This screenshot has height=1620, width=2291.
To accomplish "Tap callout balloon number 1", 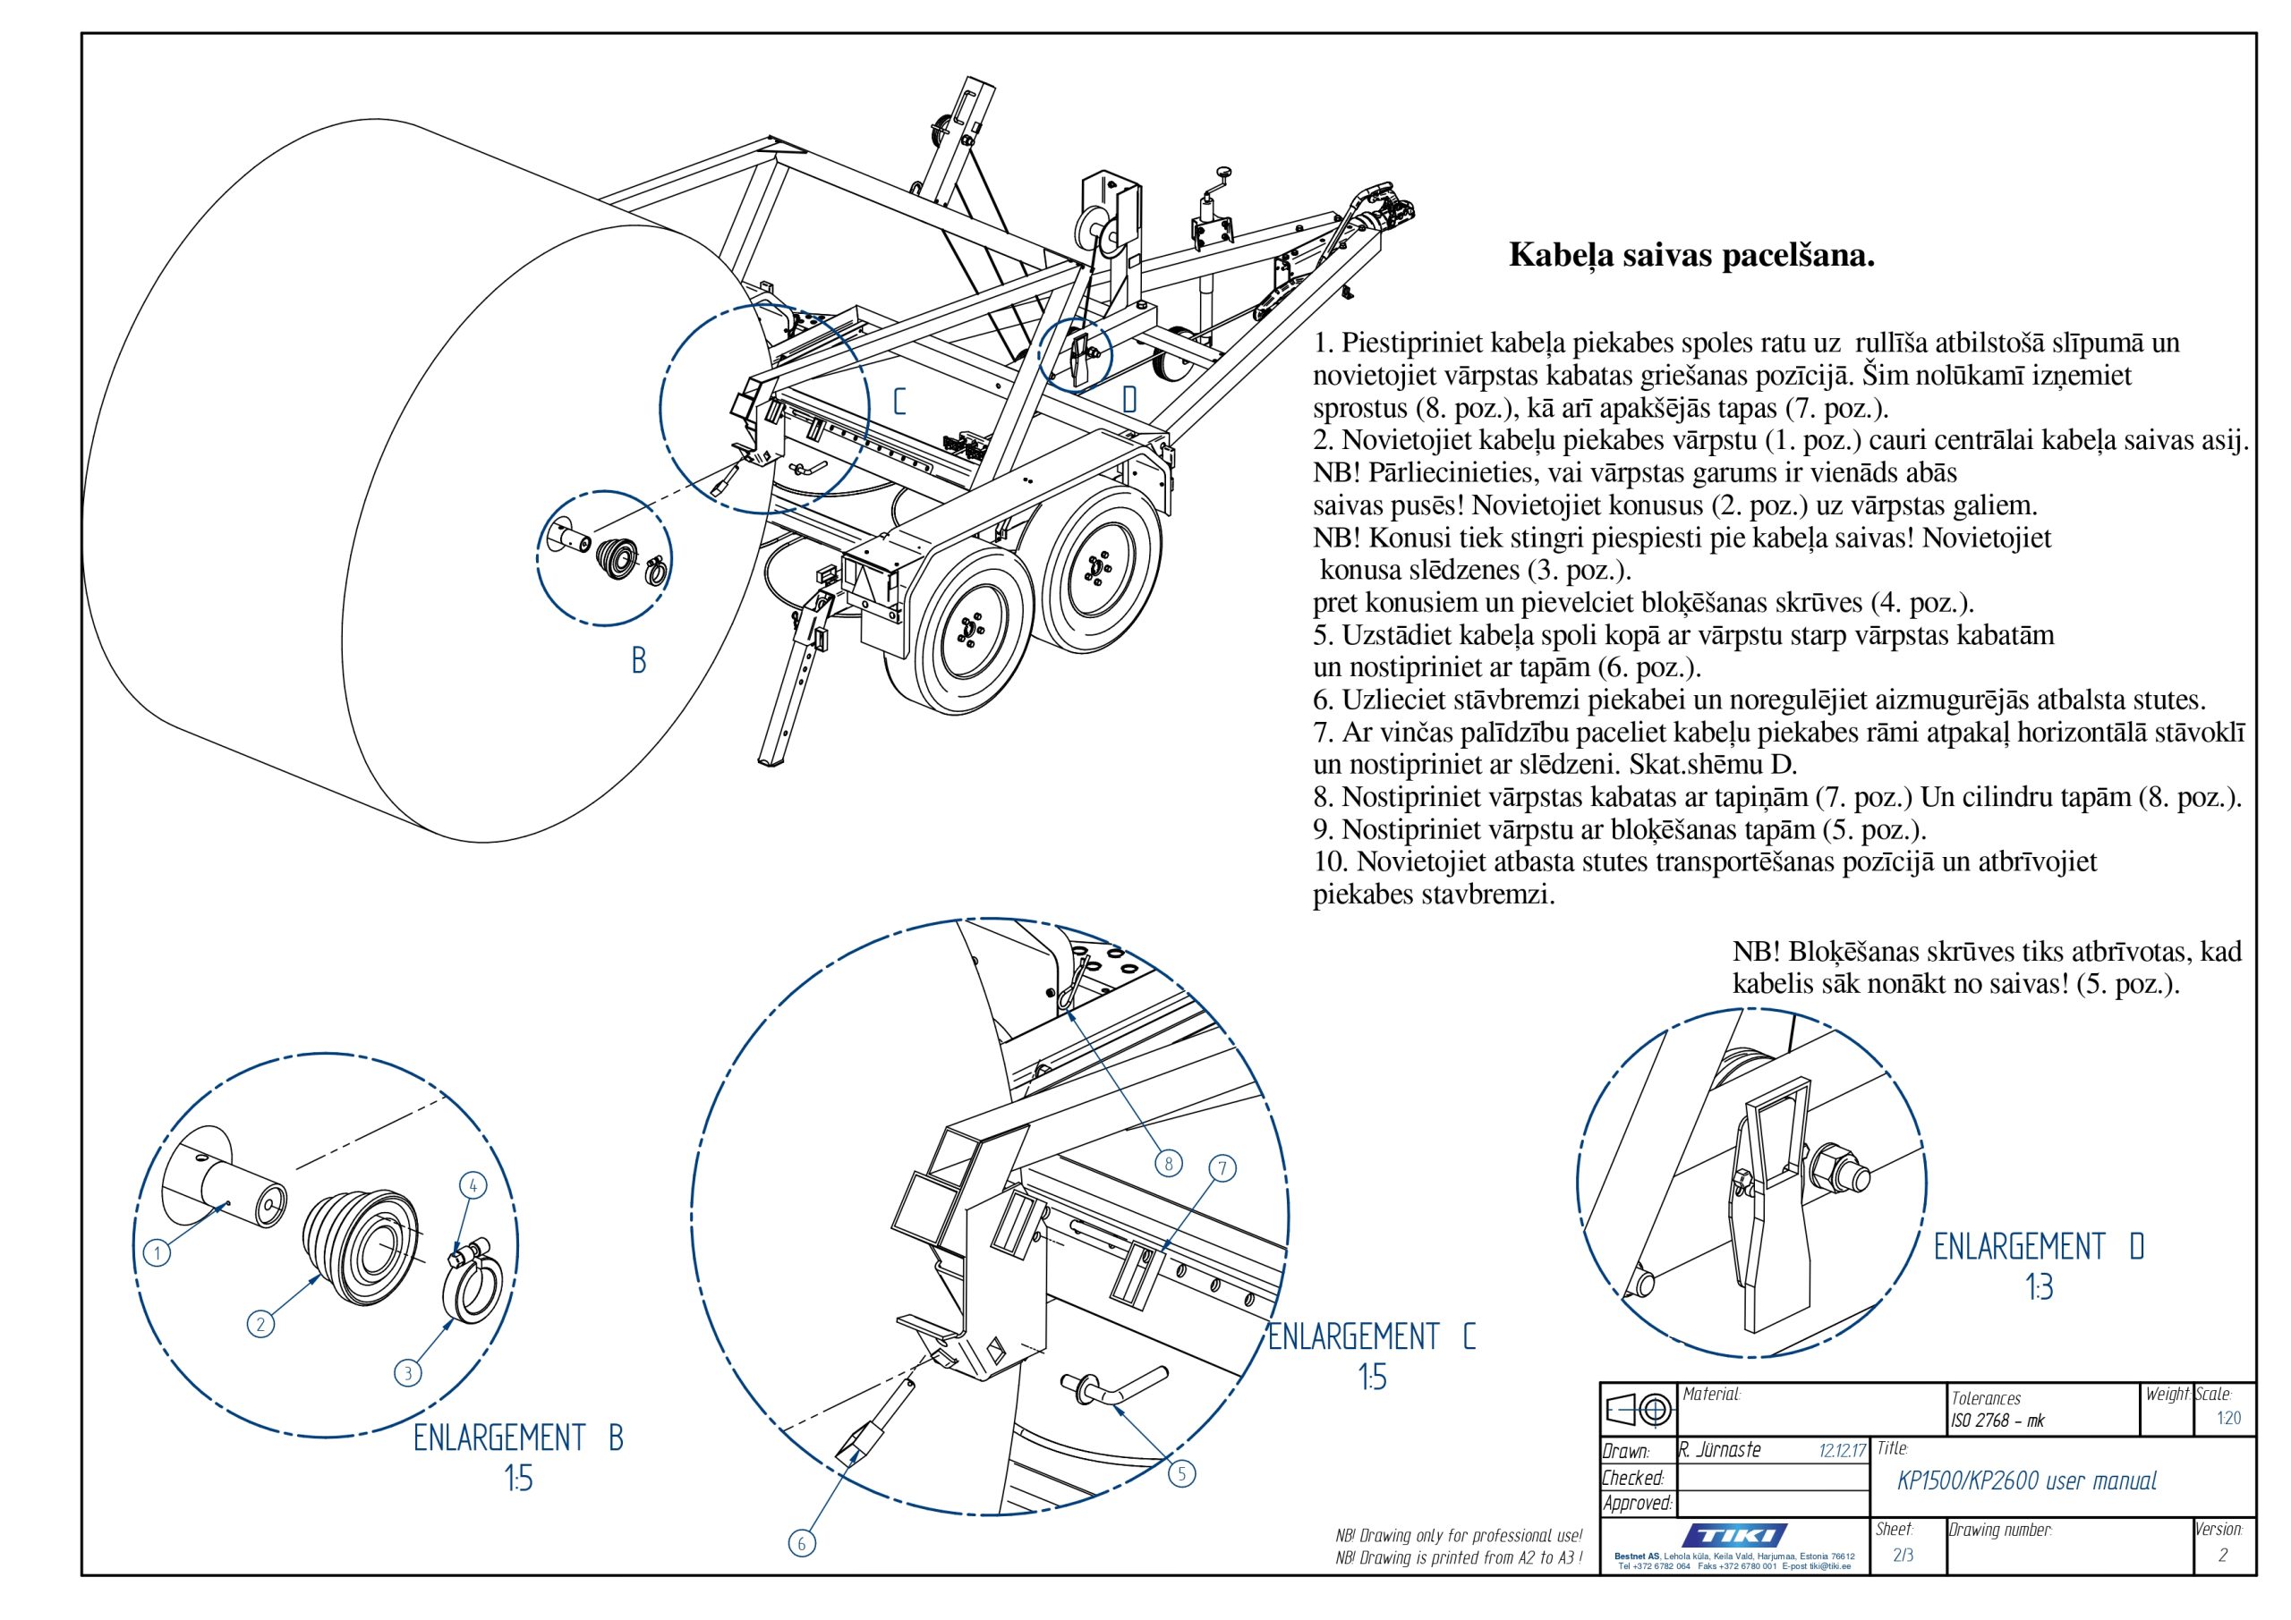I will point(157,1254).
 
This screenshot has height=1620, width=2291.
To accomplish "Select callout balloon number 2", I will point(260,1324).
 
